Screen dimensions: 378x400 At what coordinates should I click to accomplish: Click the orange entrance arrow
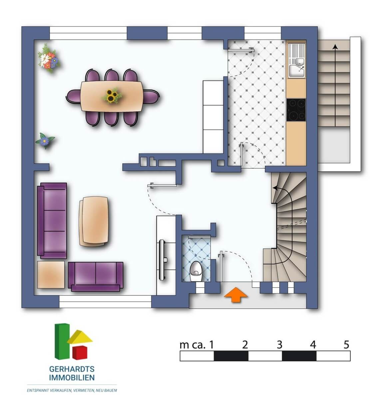point(236,295)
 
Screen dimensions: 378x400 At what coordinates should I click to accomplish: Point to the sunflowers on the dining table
point(112,95)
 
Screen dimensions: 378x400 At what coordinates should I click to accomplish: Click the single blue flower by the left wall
point(45,140)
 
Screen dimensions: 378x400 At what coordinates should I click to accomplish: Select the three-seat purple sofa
point(52,221)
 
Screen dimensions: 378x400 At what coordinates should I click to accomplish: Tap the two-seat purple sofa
point(96,277)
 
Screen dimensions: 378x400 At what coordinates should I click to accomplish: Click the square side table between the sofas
point(51,275)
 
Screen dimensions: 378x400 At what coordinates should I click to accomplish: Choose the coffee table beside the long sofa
point(94,221)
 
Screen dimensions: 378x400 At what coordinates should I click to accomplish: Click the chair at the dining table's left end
point(73,96)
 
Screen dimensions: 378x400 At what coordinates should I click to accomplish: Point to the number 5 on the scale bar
point(346,345)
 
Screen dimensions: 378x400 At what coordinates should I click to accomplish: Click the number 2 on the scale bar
point(245,345)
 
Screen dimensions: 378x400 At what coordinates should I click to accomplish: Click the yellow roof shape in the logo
point(80,338)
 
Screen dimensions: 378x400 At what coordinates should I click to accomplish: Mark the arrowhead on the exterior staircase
point(335,47)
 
